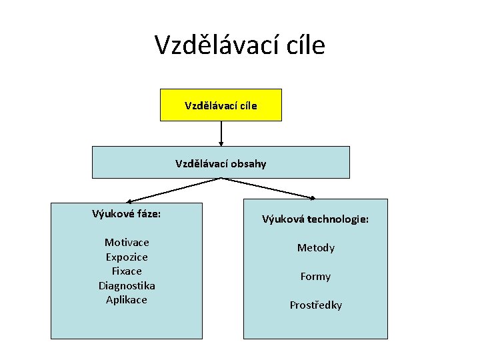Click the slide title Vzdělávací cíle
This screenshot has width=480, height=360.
(x=240, y=45)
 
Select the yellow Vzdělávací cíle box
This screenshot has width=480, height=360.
(x=221, y=105)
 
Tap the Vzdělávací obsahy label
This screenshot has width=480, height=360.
(x=221, y=163)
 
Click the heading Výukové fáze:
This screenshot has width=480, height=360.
(x=127, y=214)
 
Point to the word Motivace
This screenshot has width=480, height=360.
(x=127, y=242)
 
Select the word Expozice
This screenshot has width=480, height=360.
(x=127, y=257)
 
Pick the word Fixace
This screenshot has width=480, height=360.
(x=127, y=271)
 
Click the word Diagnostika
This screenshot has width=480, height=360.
(x=127, y=285)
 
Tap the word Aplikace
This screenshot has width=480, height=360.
(x=127, y=299)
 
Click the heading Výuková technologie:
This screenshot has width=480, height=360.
(x=315, y=219)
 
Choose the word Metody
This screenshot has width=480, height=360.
(x=315, y=247)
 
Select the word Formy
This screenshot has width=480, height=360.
(x=315, y=276)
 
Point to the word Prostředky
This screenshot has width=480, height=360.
(x=315, y=305)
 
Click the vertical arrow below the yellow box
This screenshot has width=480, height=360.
(x=221, y=133)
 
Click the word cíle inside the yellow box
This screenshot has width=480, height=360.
(x=245, y=105)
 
